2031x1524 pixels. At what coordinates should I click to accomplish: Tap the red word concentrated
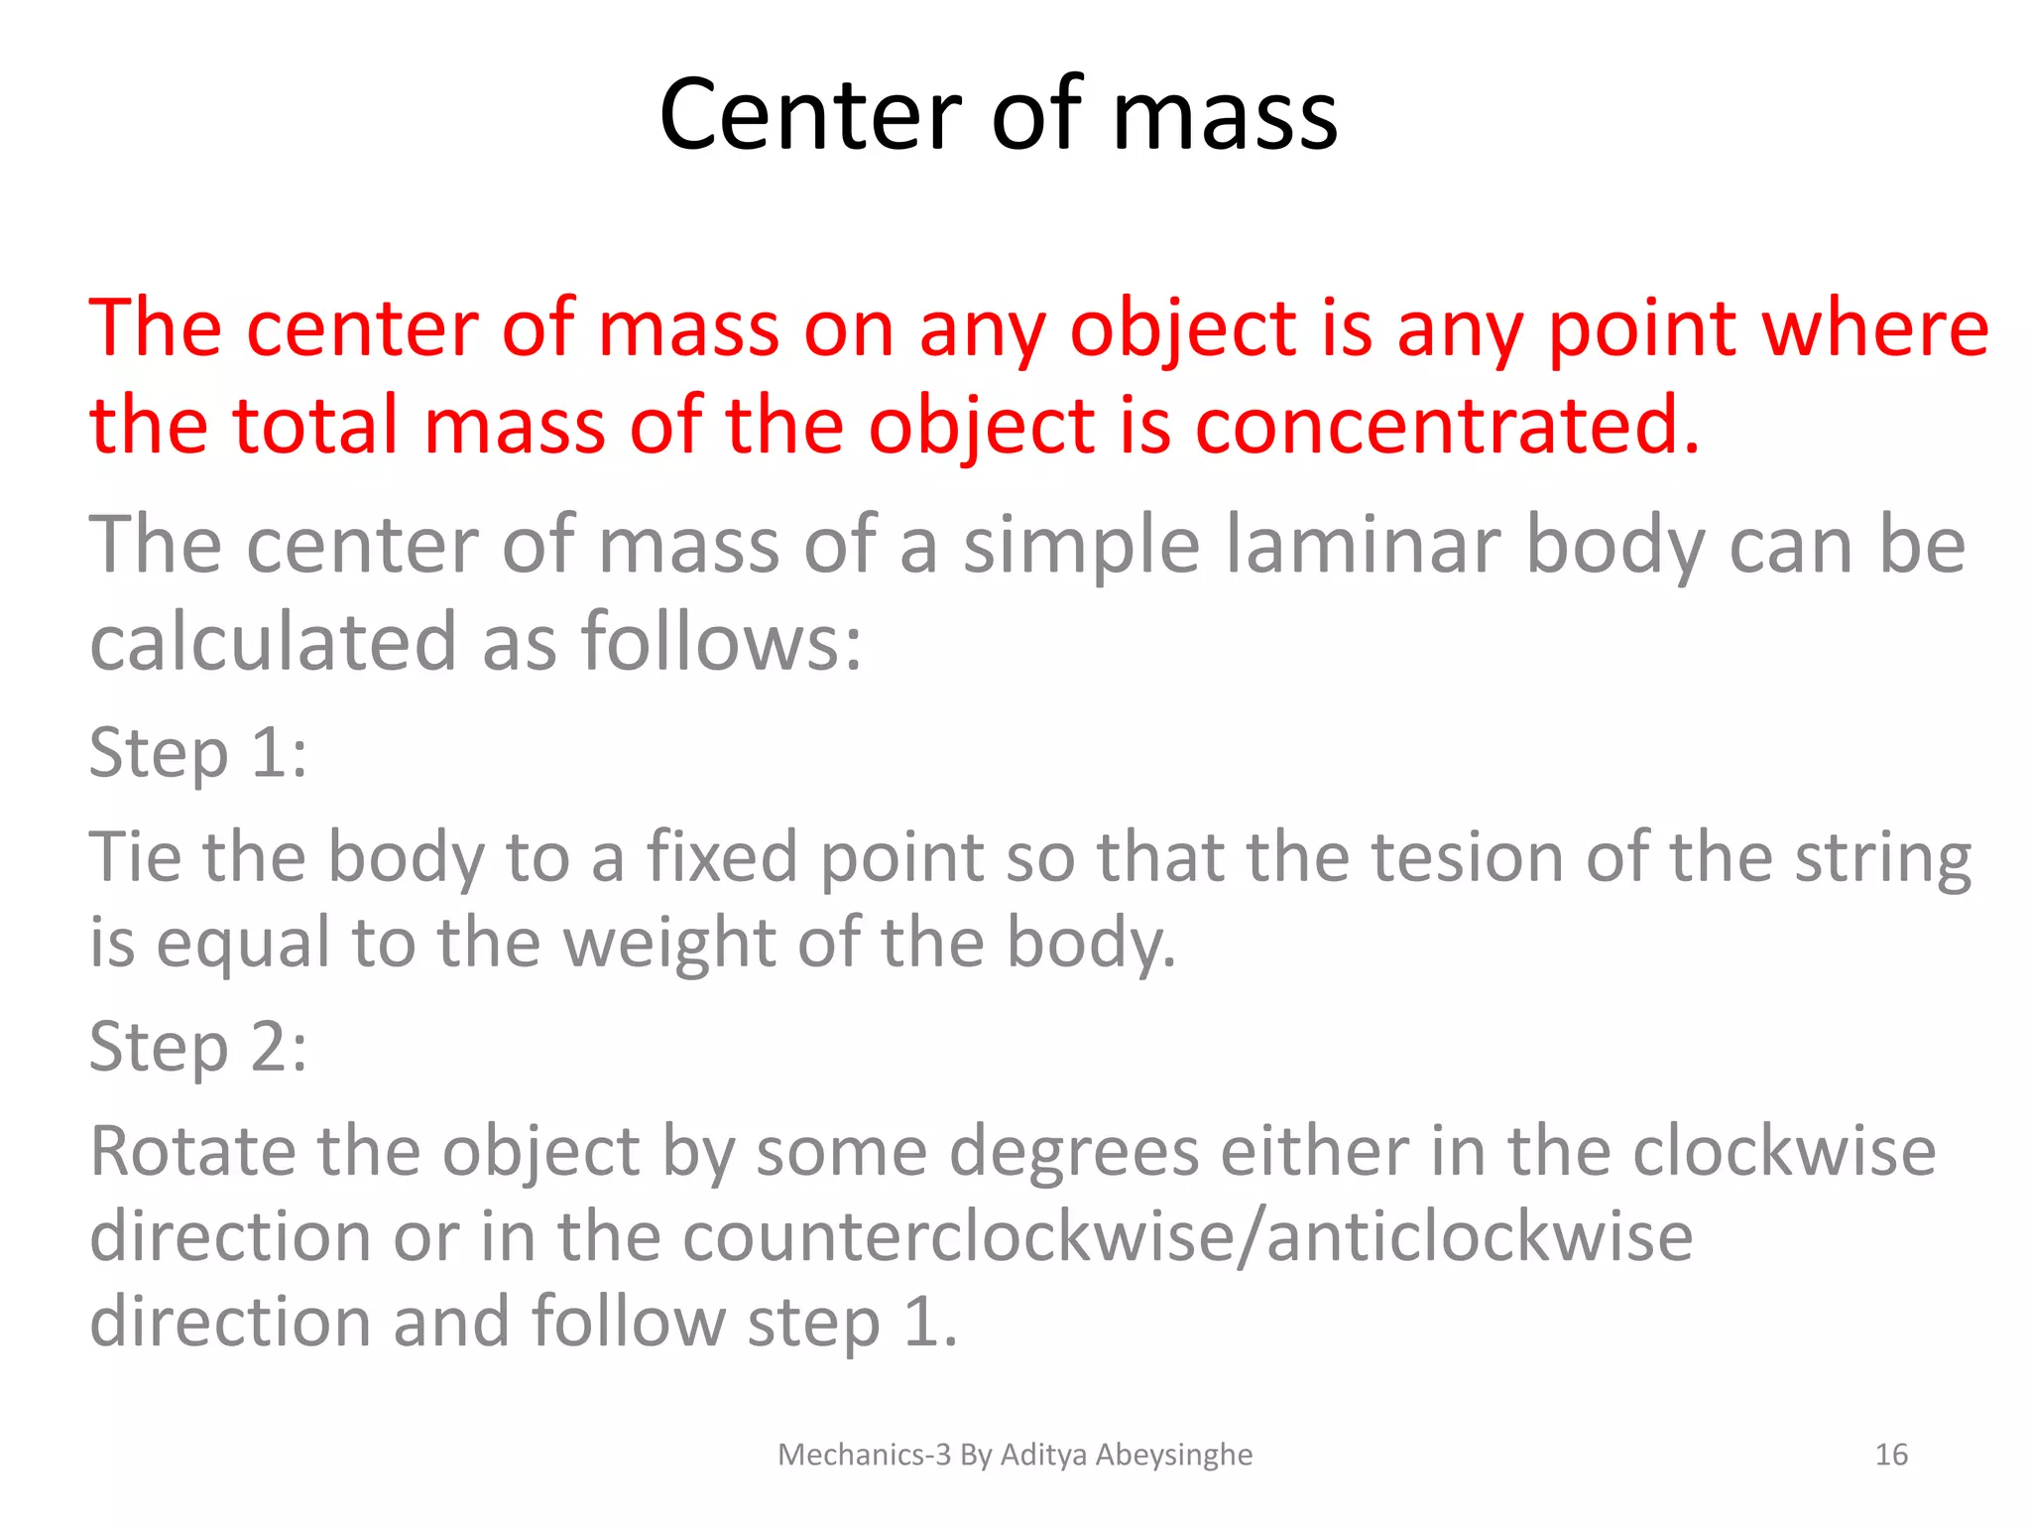pyautogui.click(x=1448, y=426)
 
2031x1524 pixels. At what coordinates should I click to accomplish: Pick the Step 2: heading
pyautogui.click(x=198, y=1047)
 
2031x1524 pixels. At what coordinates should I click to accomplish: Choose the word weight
pyautogui.click(x=669, y=942)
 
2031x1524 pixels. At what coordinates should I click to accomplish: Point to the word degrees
pyautogui.click(x=1074, y=1154)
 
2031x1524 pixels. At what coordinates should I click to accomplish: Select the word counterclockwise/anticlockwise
pyautogui.click(x=1188, y=1237)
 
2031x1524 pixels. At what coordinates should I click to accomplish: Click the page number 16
pyautogui.click(x=1891, y=1455)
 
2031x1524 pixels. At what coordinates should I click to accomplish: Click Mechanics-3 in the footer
pyautogui.click(x=864, y=1455)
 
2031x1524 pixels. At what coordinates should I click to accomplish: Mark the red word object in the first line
pyautogui.click(x=1183, y=330)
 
